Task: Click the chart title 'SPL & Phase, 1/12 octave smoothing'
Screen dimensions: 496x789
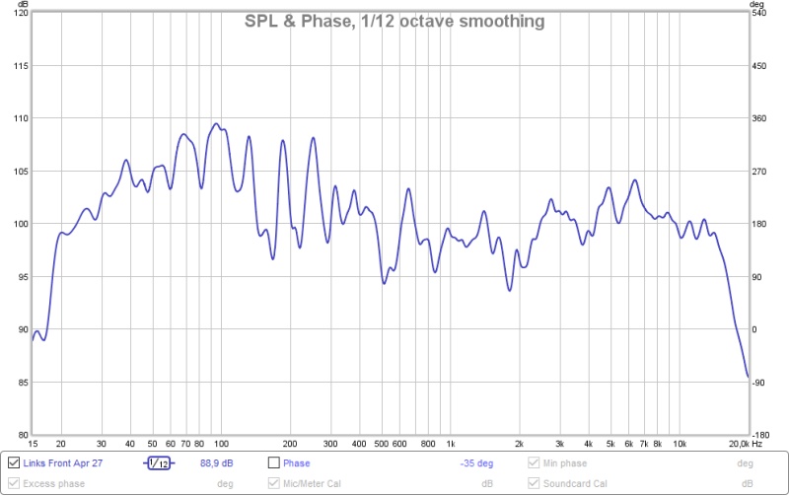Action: click(x=394, y=21)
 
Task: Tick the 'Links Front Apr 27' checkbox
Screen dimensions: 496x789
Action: click(x=13, y=462)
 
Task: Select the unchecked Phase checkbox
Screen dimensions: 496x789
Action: click(x=274, y=462)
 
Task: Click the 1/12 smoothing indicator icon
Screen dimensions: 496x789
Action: click(x=158, y=462)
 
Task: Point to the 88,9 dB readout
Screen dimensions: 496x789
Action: click(x=216, y=462)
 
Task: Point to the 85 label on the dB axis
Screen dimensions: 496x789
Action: click(x=19, y=382)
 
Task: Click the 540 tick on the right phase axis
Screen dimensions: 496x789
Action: click(x=760, y=13)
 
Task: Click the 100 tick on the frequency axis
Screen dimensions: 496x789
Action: click(x=220, y=445)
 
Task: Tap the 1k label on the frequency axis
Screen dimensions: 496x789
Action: click(x=451, y=445)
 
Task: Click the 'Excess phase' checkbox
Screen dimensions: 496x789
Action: click(x=13, y=483)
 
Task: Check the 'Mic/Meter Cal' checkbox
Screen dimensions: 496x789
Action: click(x=274, y=483)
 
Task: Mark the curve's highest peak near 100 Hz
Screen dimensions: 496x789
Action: click(x=216, y=124)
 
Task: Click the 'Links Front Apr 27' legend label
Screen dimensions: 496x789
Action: click(x=63, y=462)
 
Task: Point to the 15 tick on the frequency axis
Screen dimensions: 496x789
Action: click(x=34, y=445)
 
